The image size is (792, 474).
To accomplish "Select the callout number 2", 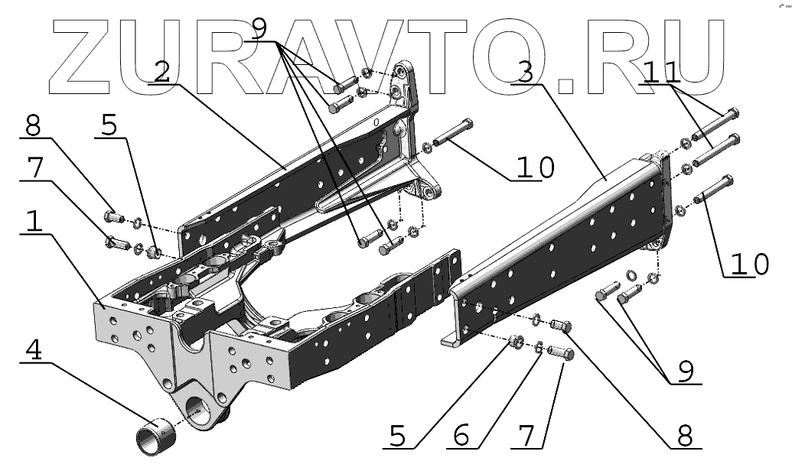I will pos(161,71).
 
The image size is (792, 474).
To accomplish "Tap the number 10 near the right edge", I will pos(746,264).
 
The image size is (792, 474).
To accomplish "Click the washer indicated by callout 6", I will pos(540,347).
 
